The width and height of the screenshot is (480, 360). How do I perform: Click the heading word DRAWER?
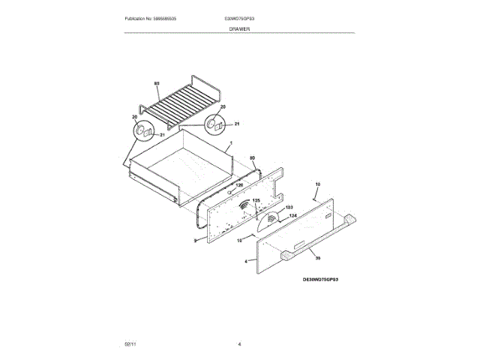(x=239, y=28)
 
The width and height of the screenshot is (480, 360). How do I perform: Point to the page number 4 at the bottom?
(x=239, y=343)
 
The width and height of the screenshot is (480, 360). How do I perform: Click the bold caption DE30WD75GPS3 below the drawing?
(x=321, y=278)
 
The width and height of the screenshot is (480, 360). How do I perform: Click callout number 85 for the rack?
(x=157, y=83)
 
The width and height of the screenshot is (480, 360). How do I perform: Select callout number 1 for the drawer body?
(x=231, y=143)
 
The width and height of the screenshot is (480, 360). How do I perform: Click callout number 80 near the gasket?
(x=252, y=158)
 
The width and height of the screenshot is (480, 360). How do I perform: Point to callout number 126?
(x=240, y=184)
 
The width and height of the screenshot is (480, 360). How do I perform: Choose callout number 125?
(x=256, y=200)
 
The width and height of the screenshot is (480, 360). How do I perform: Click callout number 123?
(x=289, y=206)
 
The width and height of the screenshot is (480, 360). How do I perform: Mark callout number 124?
(x=293, y=216)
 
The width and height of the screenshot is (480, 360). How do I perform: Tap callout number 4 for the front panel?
(x=245, y=262)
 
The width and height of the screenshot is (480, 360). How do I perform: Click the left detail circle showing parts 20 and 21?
(x=145, y=132)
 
